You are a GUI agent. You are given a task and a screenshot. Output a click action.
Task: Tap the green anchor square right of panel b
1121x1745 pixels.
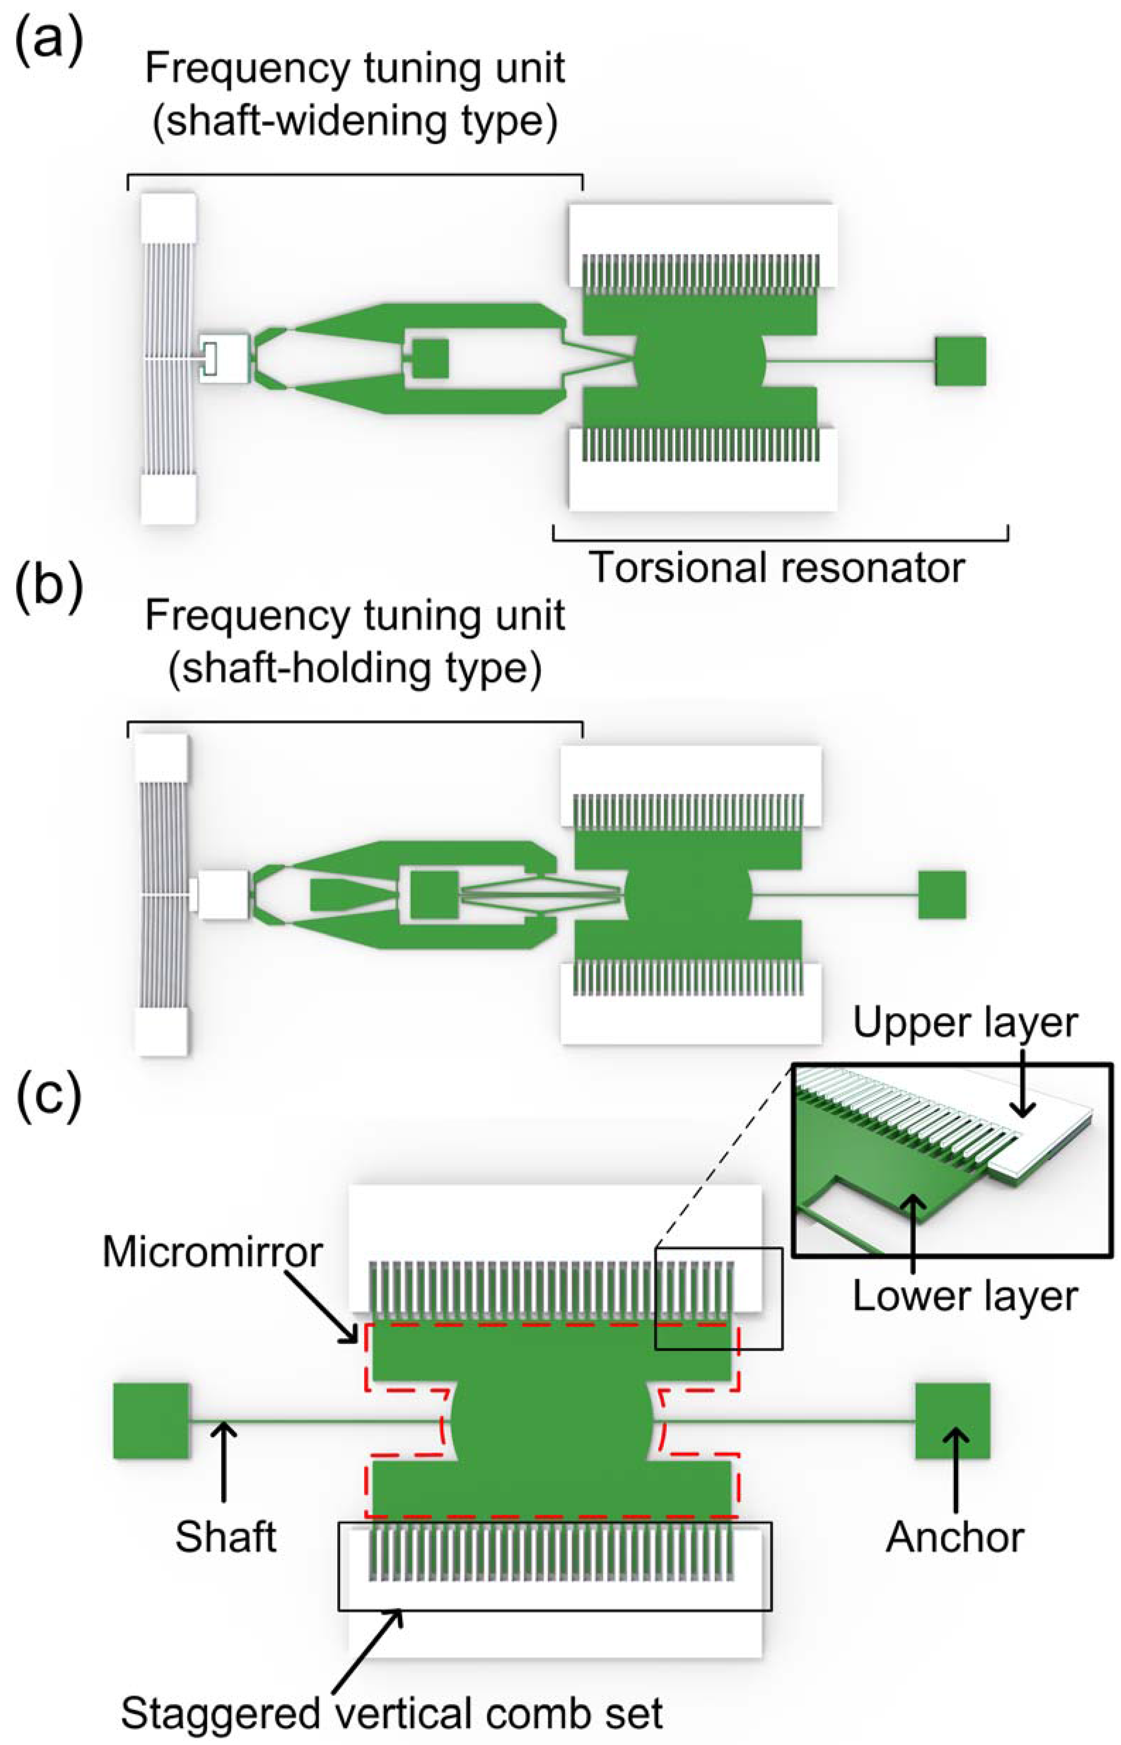tap(942, 895)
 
